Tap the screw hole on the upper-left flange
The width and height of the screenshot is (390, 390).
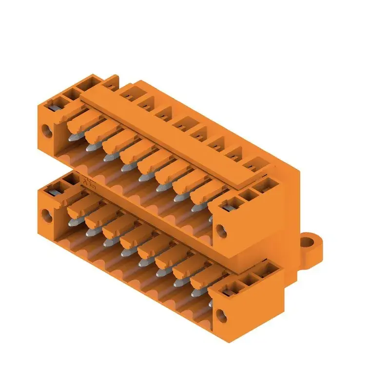click(47, 130)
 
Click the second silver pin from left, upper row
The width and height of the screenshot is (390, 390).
click(90, 147)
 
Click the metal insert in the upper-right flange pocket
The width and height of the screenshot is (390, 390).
click(227, 207)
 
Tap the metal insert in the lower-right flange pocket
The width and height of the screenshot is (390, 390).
click(227, 292)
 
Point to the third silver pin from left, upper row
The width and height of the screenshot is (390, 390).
click(107, 156)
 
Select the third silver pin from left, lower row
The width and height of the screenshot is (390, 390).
click(107, 240)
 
